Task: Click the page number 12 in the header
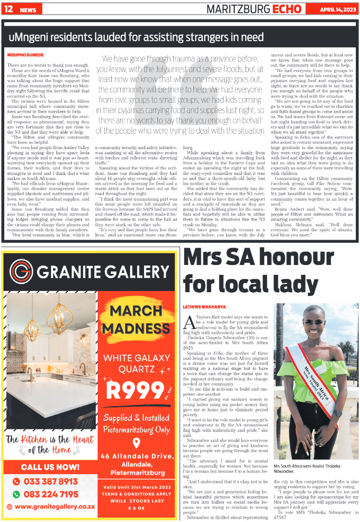tap(8, 9)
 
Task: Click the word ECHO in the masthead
tap(290, 9)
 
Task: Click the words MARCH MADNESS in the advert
tap(136, 319)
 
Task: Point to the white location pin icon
tap(136, 442)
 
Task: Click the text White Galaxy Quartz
tap(136, 363)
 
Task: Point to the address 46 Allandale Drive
tap(136, 457)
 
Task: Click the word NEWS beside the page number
tap(28, 10)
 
